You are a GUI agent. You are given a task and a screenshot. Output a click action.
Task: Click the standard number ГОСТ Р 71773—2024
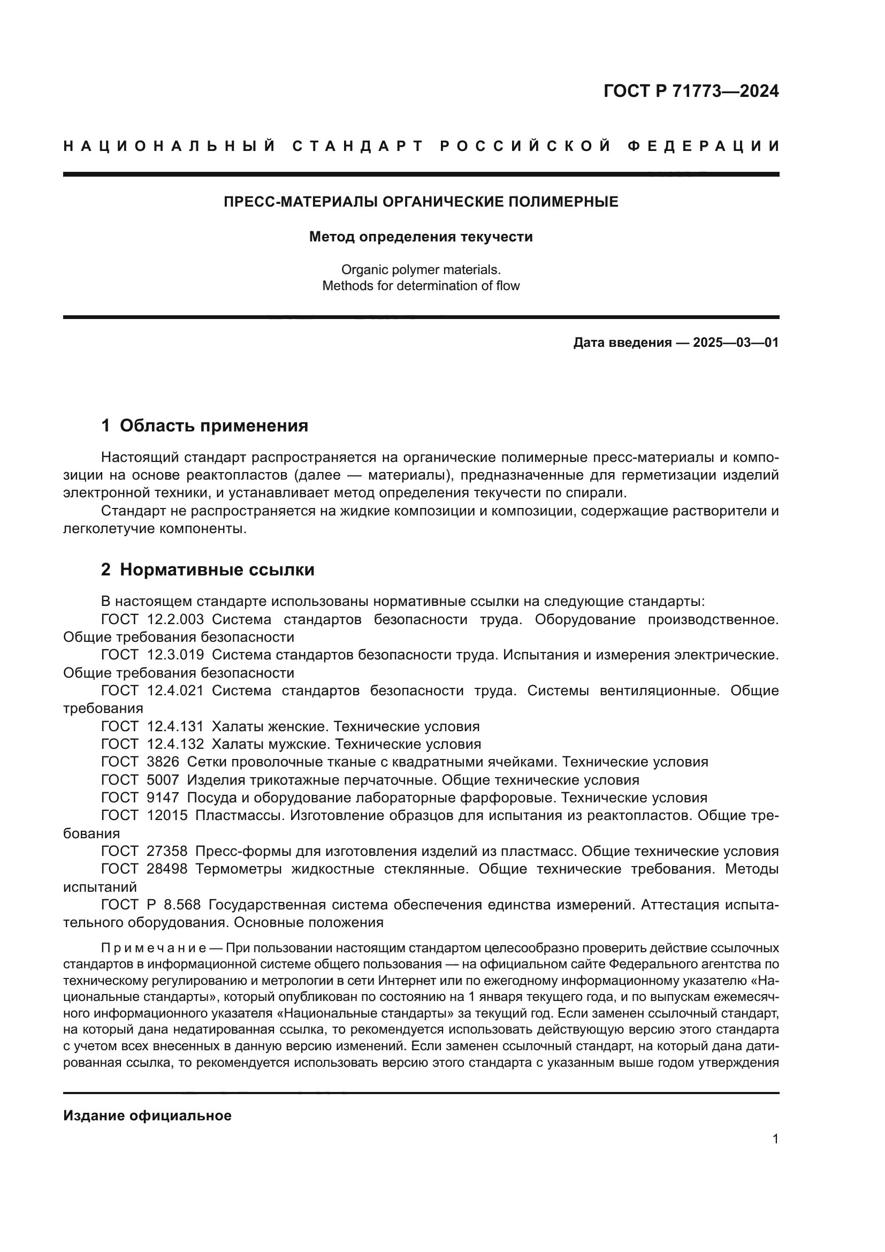pyautogui.click(x=690, y=91)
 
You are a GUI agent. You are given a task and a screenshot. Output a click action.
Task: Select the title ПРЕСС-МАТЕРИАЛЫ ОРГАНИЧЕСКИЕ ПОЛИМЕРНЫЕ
pyautogui.click(x=421, y=202)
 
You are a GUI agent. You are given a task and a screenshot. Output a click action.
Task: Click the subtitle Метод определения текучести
pyautogui.click(x=421, y=237)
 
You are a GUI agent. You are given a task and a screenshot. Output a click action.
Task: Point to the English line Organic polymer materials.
pyautogui.click(x=421, y=269)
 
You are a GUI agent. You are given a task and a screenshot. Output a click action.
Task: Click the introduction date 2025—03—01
pyautogui.click(x=735, y=343)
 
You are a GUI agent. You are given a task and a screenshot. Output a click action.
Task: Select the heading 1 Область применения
pyautogui.click(x=204, y=426)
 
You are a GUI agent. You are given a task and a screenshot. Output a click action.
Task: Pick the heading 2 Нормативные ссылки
pyautogui.click(x=208, y=570)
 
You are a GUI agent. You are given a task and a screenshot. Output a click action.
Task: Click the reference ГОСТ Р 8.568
pyautogui.click(x=151, y=905)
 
